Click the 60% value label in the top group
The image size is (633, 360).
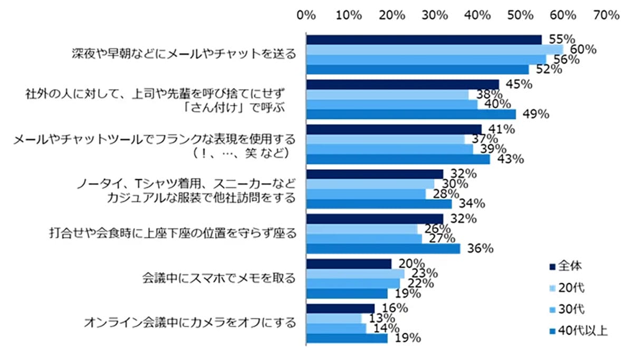click(583, 50)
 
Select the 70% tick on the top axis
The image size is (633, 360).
click(606, 15)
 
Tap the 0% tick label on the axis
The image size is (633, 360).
click(306, 15)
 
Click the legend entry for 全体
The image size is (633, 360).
click(572, 265)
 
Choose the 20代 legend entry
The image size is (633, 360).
click(572, 287)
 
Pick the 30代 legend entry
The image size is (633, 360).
click(572, 309)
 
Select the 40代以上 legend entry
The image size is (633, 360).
click(578, 331)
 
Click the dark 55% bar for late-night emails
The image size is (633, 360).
click(424, 40)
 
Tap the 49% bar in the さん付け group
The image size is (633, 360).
click(411, 114)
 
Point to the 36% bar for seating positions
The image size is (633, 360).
click(383, 248)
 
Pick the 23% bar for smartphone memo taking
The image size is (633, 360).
click(355, 274)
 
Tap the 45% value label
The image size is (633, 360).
click(519, 84)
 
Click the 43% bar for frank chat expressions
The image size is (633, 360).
click(398, 159)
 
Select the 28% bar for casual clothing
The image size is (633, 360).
click(366, 193)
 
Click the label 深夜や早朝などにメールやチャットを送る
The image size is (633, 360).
click(184, 54)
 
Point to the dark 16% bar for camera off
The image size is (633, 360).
click(340, 308)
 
